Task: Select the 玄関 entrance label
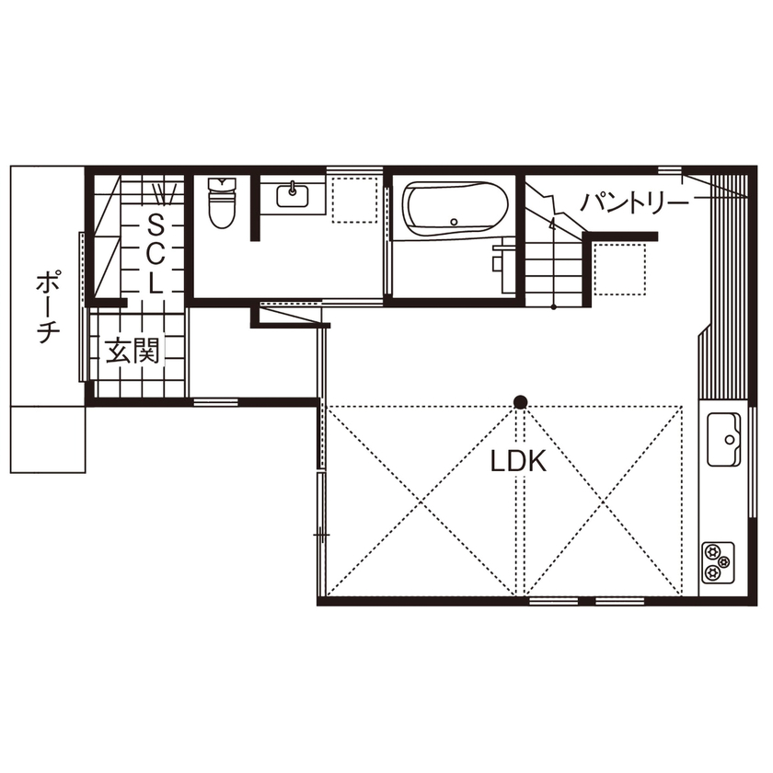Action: pyautogui.click(x=133, y=351)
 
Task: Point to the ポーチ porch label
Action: pyautogui.click(x=44, y=307)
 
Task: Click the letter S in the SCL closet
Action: pyautogui.click(x=156, y=222)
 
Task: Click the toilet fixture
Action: pyautogui.click(x=223, y=205)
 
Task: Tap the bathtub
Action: pyautogui.click(x=455, y=211)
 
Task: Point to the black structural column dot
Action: pyautogui.click(x=521, y=401)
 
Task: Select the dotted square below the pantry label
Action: pyautogui.click(x=617, y=268)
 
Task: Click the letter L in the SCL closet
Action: pyautogui.click(x=156, y=284)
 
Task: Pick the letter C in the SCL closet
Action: pyautogui.click(x=156, y=253)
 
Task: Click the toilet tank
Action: pyautogui.click(x=223, y=184)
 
